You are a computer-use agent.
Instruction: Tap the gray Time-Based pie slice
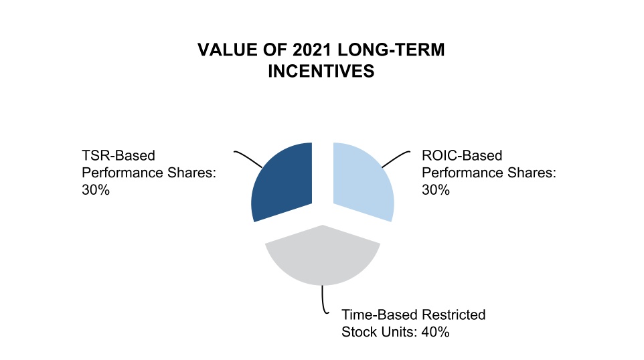(x=323, y=257)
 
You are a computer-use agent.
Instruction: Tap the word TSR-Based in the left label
(x=118, y=156)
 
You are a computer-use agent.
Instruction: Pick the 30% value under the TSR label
(x=96, y=190)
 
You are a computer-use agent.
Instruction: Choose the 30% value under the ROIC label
(x=436, y=190)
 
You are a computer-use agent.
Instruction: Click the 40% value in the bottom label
(x=434, y=331)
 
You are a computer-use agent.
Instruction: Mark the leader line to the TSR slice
(x=250, y=160)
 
